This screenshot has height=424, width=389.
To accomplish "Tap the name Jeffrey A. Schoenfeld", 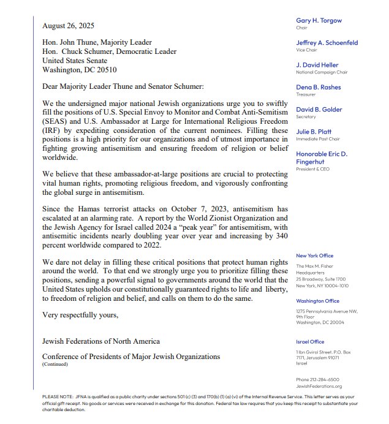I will (327, 43).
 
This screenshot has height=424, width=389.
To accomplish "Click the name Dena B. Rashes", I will (319, 87).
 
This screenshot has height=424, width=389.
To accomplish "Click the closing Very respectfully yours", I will (80, 314).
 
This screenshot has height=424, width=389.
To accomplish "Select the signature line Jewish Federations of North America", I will (101, 341).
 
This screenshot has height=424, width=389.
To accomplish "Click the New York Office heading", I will (315, 256).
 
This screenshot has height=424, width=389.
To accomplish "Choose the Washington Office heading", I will (317, 301).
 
